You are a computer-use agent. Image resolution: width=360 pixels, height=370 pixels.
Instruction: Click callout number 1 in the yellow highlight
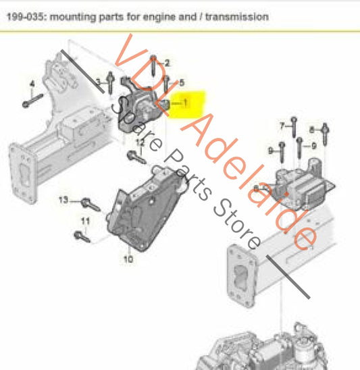pyautogui.click(x=186, y=103)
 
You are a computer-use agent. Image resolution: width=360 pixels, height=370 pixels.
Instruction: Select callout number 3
pyautogui.click(x=98, y=84)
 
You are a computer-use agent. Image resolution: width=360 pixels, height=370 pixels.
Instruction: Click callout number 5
pyautogui.click(x=182, y=82)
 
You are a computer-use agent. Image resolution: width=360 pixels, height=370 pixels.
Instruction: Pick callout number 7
pyautogui.click(x=283, y=126)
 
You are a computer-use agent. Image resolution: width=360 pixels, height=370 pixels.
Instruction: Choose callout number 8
pyautogui.click(x=312, y=128)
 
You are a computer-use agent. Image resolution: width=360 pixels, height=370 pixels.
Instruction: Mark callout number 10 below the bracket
pyautogui.click(x=128, y=257)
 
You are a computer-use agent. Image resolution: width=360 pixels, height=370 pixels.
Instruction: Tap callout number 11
pyautogui.click(x=86, y=221)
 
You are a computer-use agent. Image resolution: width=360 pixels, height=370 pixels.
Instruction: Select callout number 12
pyautogui.click(x=140, y=142)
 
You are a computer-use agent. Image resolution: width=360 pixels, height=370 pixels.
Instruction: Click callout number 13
pyautogui.click(x=63, y=200)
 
